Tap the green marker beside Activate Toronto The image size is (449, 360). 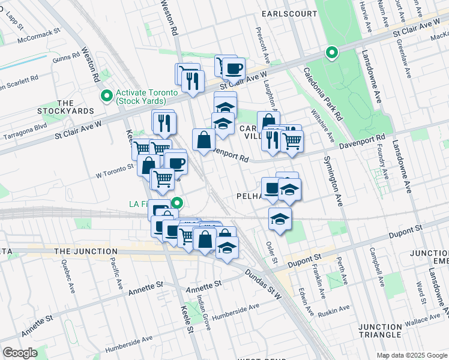coord(107,95)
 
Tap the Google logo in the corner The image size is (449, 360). coord(19,353)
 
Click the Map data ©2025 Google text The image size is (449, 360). coord(411,355)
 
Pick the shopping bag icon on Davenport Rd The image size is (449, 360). coord(204,140)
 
